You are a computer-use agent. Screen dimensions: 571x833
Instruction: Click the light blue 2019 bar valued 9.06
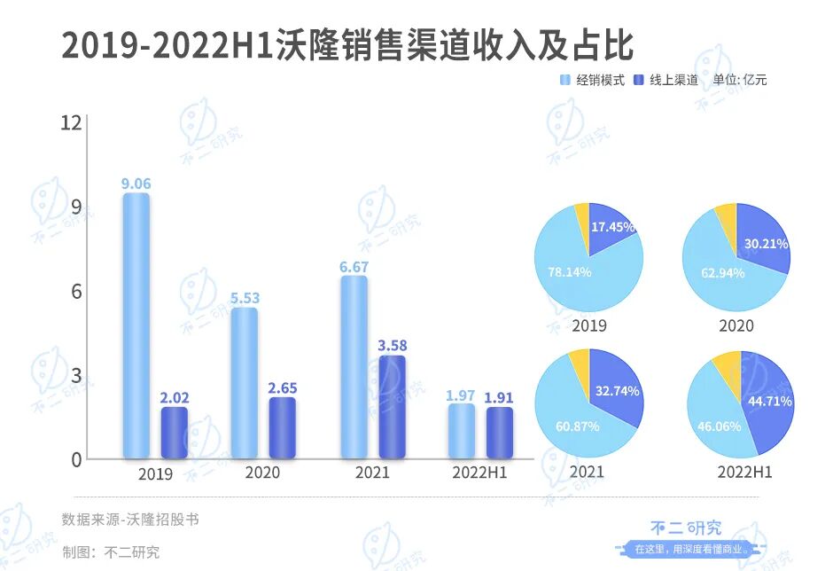click(x=136, y=325)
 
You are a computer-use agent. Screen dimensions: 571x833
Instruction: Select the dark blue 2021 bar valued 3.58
click(x=392, y=407)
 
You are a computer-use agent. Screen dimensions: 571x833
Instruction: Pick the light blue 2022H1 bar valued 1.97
click(x=461, y=432)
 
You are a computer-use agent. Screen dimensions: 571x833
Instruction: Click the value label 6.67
click(x=354, y=266)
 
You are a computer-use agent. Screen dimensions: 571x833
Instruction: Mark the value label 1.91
click(x=499, y=397)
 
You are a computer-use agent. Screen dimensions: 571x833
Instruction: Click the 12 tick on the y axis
click(x=70, y=123)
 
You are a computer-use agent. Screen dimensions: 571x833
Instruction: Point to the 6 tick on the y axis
click(x=76, y=292)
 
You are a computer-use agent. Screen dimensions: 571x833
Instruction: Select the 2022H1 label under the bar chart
click(x=481, y=473)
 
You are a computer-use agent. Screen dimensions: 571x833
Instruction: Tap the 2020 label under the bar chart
click(x=262, y=473)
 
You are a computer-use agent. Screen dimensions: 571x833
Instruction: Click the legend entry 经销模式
click(x=592, y=80)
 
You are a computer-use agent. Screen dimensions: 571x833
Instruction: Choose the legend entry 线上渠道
click(x=666, y=80)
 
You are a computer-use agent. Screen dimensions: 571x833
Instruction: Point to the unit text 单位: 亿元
click(x=740, y=80)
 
